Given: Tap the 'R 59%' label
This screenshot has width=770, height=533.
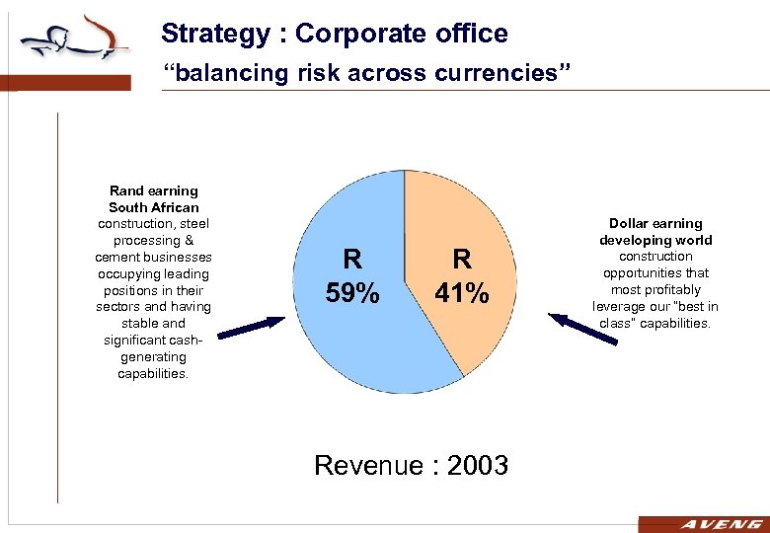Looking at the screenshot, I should coord(351,275).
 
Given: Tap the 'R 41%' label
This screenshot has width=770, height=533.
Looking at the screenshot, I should coord(461,275).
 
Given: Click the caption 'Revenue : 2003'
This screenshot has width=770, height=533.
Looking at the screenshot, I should coord(411,465).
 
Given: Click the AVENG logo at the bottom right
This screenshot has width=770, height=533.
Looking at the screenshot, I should coord(702,524).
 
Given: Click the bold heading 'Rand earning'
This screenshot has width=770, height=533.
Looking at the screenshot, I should coord(154,190).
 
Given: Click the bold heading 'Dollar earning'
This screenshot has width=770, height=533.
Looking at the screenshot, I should coord(655,224).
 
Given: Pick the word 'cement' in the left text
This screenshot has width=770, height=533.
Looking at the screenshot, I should coord(117,257).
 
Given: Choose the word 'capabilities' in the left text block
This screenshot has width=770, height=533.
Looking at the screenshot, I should coord(153,373).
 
